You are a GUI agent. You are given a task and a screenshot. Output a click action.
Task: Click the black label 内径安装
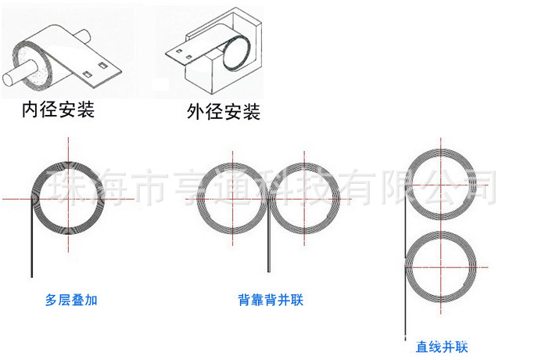coord(58,110)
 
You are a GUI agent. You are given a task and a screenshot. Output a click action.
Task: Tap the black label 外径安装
coord(223,112)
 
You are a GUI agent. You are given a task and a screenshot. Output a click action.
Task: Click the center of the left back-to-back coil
coord(232,199)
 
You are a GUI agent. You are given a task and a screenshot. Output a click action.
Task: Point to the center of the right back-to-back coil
coord(302,199)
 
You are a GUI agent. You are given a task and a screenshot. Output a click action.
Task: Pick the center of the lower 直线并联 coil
coord(442,267)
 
